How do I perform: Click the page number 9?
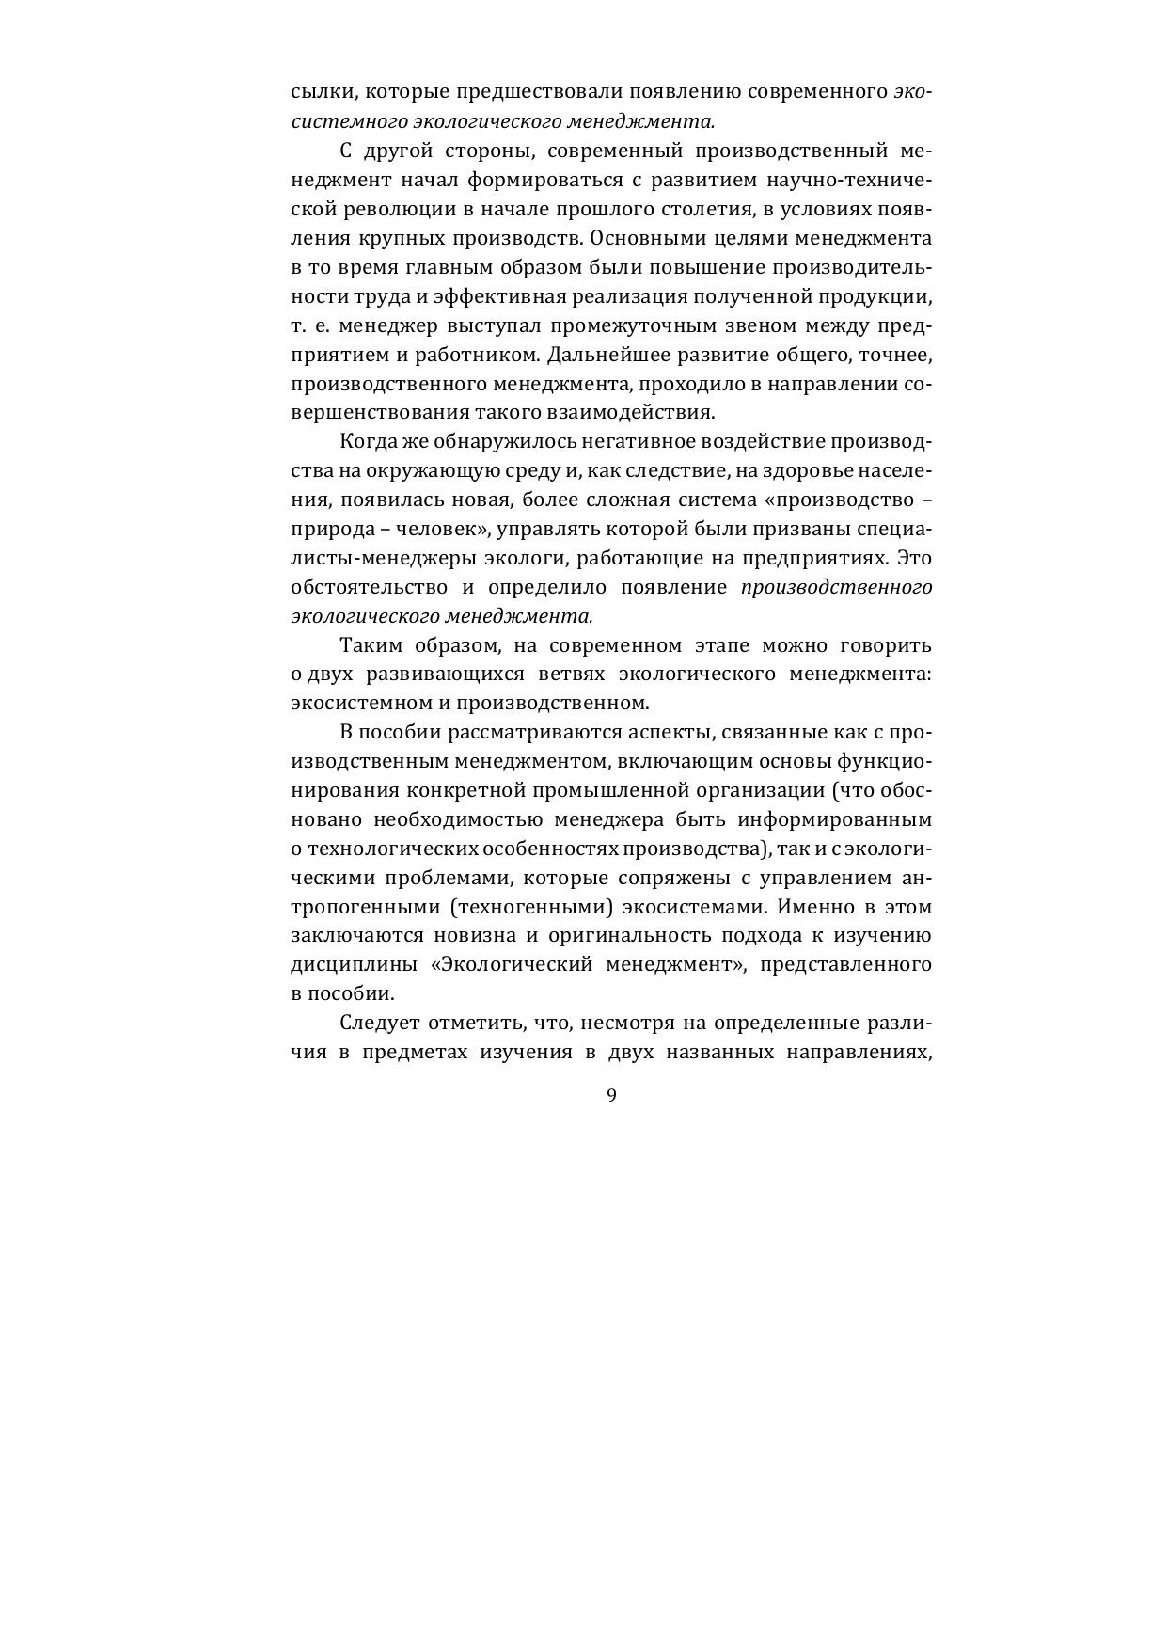pyautogui.click(x=611, y=1095)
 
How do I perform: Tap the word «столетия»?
pyautogui.click(x=705, y=209)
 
